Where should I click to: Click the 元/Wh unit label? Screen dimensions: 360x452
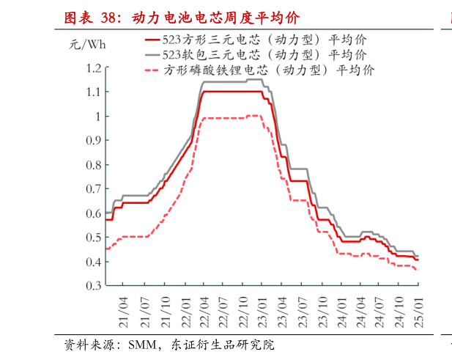(x=87, y=44)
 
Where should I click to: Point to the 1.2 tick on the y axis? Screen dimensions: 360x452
(x=92, y=68)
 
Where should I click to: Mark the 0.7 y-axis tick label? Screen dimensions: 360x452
(x=92, y=189)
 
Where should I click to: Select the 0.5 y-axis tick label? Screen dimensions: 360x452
(x=92, y=238)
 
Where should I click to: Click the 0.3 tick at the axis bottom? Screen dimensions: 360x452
(x=92, y=286)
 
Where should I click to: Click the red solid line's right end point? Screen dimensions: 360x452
(x=418, y=260)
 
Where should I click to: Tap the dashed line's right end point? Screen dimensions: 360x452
(x=418, y=271)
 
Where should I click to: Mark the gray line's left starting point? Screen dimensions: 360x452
(x=106, y=212)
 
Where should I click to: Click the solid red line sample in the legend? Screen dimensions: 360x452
(x=152, y=40)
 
